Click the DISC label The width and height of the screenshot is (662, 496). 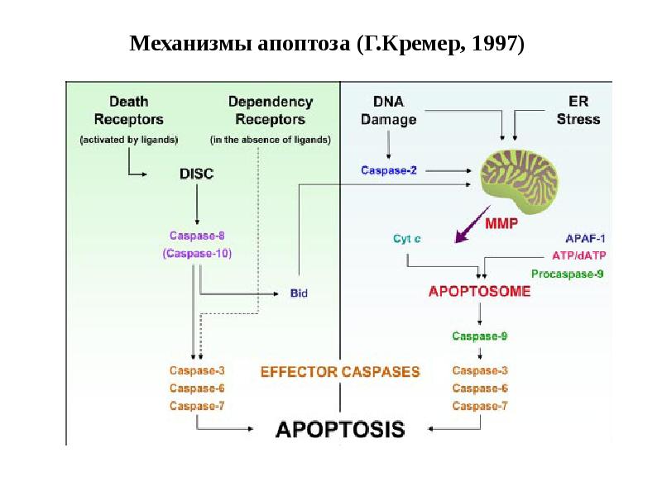[x=197, y=174]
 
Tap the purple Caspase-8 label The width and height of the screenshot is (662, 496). [x=197, y=236]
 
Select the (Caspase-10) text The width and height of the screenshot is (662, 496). [x=197, y=253]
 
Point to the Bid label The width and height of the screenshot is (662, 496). [x=299, y=293]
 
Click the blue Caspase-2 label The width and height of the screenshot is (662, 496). [x=389, y=171]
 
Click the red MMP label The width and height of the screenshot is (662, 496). [x=503, y=223]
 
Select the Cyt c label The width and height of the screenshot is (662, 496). [x=405, y=240]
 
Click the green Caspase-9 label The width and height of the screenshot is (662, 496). [x=480, y=336]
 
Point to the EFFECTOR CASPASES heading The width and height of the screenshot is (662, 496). [x=340, y=372]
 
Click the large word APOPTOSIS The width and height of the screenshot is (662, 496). [x=340, y=429]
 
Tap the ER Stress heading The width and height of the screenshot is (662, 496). [x=578, y=111]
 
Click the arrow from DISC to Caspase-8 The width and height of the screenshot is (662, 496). [x=197, y=203]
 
